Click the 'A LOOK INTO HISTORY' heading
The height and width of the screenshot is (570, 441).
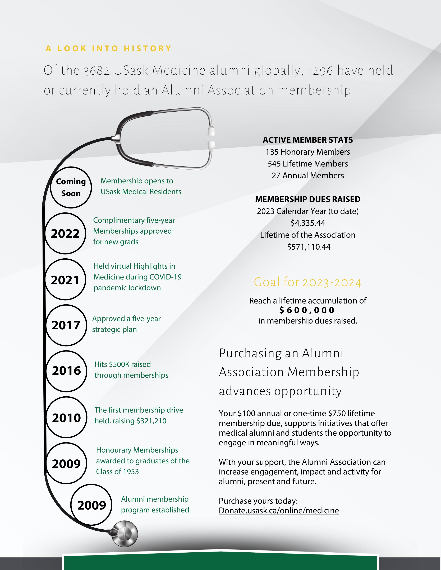[108, 49]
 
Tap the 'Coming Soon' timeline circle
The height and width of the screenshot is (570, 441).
[71, 187]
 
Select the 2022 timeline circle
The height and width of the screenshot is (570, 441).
[65, 233]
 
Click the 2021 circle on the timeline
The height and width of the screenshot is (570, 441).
[65, 279]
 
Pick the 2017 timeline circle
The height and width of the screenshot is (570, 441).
[66, 325]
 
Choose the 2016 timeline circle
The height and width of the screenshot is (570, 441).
[66, 371]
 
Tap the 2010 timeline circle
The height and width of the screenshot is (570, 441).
[66, 417]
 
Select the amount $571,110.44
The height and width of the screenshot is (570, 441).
[309, 247]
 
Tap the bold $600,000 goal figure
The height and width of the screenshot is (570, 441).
[307, 310]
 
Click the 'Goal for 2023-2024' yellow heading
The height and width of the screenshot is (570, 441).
[307, 282]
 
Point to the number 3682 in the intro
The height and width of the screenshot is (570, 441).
[97, 71]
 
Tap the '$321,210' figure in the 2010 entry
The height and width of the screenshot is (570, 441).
[151, 421]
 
